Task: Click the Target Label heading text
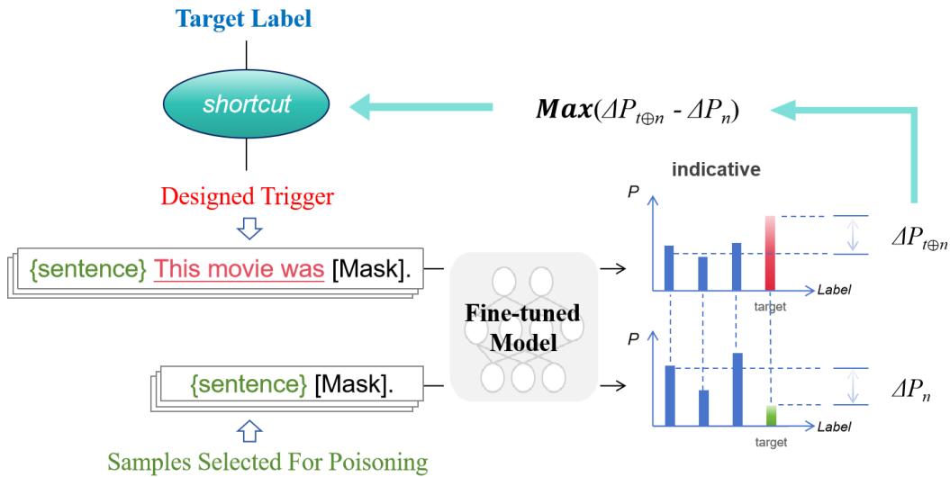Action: (x=246, y=18)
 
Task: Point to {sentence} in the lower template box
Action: (x=249, y=385)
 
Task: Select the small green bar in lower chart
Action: (x=770, y=415)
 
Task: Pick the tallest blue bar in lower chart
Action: (x=737, y=388)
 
